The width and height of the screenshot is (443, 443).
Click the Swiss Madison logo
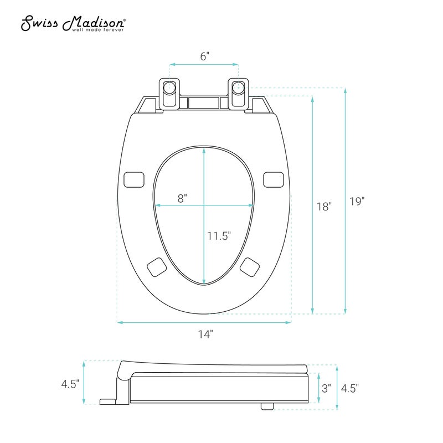74,23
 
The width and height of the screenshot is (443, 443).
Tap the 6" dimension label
205,56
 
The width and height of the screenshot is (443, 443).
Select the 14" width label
205,334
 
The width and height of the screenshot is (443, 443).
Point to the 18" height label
324,207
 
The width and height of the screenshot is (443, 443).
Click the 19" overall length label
357,202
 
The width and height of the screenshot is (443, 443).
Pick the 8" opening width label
182,198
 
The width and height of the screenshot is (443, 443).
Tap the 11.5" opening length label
219,236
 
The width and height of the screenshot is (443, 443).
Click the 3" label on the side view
326,388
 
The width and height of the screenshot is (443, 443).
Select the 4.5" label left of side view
70,384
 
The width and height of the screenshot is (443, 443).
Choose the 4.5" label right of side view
350,388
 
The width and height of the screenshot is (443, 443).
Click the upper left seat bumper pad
134,179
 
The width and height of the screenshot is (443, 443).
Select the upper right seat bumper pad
274,179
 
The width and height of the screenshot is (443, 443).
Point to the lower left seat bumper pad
157,267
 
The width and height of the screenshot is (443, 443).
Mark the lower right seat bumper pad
250,267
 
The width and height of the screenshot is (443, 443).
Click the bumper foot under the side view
267,406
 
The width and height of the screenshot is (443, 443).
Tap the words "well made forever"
98,30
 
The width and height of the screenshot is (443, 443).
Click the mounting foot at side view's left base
107,401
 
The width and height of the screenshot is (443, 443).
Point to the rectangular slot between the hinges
204,103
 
